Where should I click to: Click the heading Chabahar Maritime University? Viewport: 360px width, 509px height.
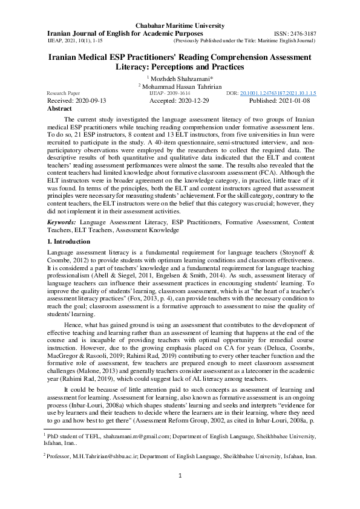[180, 25]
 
